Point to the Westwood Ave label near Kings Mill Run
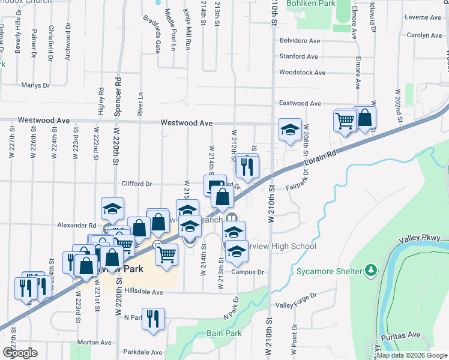pyautogui.click(x=187, y=123)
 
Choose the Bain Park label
pyautogui.click(x=223, y=332)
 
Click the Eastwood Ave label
pyautogui.click(x=300, y=103)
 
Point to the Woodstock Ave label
pyautogui.click(x=302, y=73)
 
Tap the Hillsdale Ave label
pyautogui.click(x=141, y=292)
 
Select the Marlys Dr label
pyautogui.click(x=35, y=86)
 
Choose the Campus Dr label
pyautogui.click(x=248, y=272)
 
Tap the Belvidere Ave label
pyautogui.click(x=300, y=41)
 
